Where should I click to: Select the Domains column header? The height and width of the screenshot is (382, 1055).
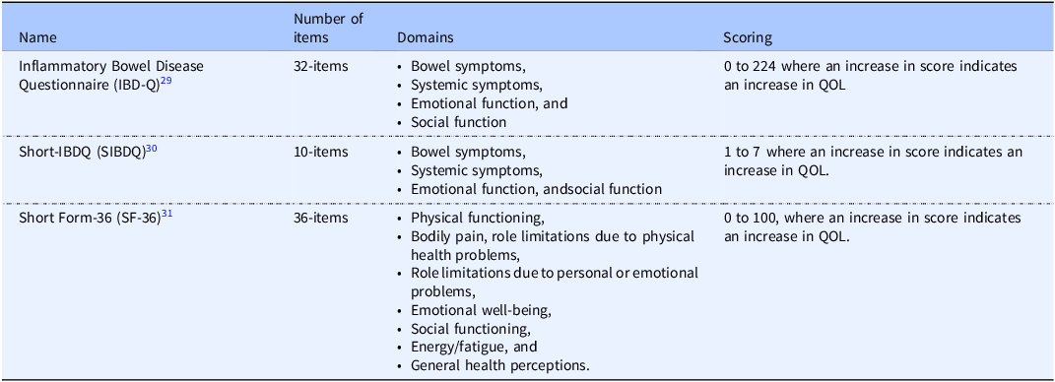click(x=426, y=37)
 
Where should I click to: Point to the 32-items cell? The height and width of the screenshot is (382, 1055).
click(x=321, y=67)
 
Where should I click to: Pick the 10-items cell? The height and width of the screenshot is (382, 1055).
click(x=321, y=152)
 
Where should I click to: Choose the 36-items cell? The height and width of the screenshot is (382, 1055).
click(x=321, y=218)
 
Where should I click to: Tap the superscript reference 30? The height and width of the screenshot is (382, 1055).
click(x=152, y=148)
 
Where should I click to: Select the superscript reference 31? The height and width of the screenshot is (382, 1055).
click(x=167, y=214)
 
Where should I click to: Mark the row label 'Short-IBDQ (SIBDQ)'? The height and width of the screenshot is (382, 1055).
click(x=82, y=153)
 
